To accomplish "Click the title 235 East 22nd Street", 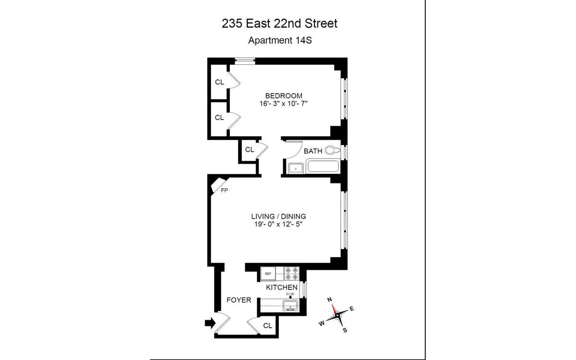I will click(280, 23).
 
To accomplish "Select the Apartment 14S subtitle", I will click(280, 40).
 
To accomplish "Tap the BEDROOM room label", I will click(284, 95).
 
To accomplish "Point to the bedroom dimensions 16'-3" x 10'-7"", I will click(284, 103).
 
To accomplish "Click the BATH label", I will click(313, 151).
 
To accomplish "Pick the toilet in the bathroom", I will click(332, 151).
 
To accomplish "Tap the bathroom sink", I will click(295, 168).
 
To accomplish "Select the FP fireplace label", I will click(224, 191).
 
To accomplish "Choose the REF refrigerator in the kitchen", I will click(268, 274).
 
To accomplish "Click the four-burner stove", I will click(291, 274).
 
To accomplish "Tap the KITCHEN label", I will click(282, 287).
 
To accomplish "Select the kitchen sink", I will click(290, 305).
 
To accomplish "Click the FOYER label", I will click(239, 300).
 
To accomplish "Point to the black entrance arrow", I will click(210, 323).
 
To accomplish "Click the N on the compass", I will click(330, 300).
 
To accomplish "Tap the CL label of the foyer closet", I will click(267, 325).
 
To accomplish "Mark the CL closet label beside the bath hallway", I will click(249, 149).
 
